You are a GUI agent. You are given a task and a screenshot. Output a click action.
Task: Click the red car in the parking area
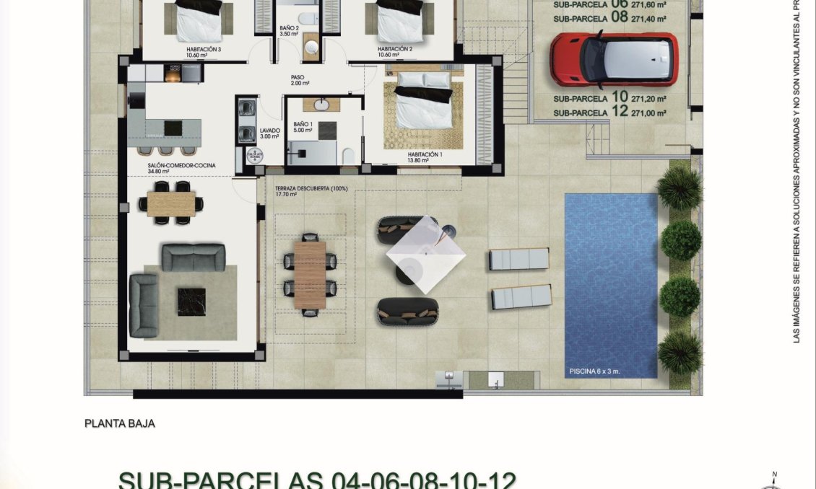point(613,59)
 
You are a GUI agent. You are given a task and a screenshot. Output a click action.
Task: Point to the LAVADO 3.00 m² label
point(269,133)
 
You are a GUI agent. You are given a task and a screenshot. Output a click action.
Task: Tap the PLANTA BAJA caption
point(119,423)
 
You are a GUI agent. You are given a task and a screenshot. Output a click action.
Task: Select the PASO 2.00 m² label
point(300,80)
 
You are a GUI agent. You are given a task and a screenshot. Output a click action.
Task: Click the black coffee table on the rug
point(191,301)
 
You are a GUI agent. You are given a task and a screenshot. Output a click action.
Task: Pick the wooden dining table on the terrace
point(311,275)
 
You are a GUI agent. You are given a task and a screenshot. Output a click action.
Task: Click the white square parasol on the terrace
point(425,254)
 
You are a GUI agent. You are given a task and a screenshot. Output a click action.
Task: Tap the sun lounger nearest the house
point(519,258)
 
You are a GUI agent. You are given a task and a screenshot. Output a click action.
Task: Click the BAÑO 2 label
point(289,30)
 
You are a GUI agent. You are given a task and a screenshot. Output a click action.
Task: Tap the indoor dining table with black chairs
point(171,202)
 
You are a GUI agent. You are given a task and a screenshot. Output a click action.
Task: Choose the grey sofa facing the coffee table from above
point(193,257)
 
